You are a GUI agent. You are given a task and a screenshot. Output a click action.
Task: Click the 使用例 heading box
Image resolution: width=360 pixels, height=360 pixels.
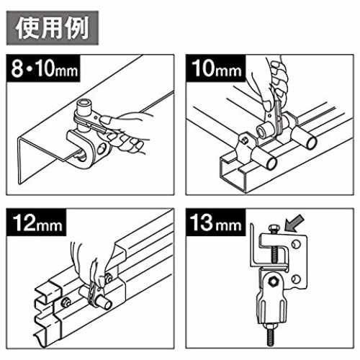pyautogui.click(x=53, y=28)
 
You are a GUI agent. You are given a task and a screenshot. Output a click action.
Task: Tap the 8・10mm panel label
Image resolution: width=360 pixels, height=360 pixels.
pyautogui.click(x=43, y=68)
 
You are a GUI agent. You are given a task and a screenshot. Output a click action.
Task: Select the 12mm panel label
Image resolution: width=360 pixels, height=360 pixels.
pyautogui.click(x=37, y=222)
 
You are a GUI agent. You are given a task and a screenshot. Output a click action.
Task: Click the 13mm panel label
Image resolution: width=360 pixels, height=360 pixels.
pyautogui.click(x=216, y=222)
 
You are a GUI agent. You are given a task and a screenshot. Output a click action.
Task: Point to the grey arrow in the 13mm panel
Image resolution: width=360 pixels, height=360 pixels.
pyautogui.click(x=294, y=223)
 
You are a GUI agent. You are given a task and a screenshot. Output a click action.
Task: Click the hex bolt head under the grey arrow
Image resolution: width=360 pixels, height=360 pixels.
pyautogui.click(x=274, y=228)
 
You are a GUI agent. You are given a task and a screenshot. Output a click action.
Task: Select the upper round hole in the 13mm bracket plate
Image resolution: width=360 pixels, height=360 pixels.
pyautogui.click(x=296, y=244)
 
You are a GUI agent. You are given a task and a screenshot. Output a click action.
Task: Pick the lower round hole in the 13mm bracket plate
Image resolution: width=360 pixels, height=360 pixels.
pyautogui.click(x=296, y=279)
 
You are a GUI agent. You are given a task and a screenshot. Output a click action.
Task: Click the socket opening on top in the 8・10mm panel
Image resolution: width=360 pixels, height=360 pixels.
pyautogui.click(x=84, y=104)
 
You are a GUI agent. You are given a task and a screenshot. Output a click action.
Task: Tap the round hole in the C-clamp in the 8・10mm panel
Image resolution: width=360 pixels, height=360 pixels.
pyautogui.click(x=102, y=148)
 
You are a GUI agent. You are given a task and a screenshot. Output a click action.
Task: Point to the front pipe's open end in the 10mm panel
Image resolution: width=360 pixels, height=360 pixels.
pyautogui.click(x=271, y=163)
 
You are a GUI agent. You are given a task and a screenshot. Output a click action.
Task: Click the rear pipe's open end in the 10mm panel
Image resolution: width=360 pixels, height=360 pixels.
pyautogui.click(x=312, y=142)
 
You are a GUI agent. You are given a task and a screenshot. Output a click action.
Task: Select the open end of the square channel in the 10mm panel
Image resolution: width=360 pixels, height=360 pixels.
pyautogui.click(x=233, y=174)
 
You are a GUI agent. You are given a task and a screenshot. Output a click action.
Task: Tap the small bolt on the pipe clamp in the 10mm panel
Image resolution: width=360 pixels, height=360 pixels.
pyautogui.click(x=244, y=140)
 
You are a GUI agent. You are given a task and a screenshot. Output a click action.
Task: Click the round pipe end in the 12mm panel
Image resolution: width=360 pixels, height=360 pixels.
pyautogui.click(x=108, y=305)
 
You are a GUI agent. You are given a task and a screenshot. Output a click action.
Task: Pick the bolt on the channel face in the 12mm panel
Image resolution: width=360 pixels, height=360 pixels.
pyautogui.click(x=66, y=302)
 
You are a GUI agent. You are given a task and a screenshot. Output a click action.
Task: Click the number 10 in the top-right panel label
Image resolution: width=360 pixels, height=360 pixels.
pyautogui.click(x=204, y=68)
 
